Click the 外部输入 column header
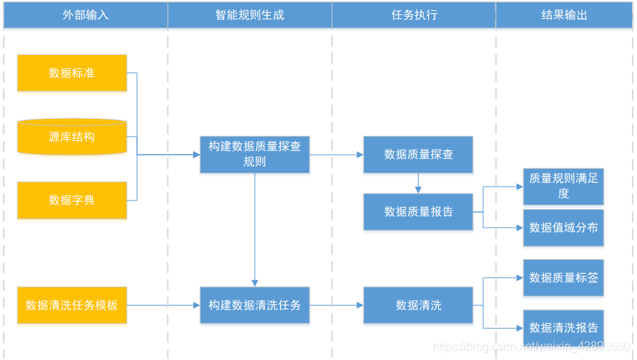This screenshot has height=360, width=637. click(x=86, y=15)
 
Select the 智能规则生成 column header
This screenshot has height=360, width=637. click(x=250, y=15)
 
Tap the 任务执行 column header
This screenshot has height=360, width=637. click(x=414, y=15)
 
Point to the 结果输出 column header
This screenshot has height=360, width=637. click(x=564, y=15)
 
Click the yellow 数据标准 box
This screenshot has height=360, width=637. click(x=72, y=73)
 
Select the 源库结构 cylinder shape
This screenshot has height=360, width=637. click(x=72, y=136)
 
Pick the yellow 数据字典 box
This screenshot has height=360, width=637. click(x=72, y=200)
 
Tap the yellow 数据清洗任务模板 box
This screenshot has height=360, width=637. click(x=72, y=305)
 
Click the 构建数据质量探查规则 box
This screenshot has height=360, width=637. click(x=255, y=154)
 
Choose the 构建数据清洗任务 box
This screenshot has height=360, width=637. click(x=255, y=305)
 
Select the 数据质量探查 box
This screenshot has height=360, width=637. click(x=418, y=154)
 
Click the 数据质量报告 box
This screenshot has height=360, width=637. click(x=418, y=211)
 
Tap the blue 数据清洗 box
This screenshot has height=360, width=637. click(x=418, y=305)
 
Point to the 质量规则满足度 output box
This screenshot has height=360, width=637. click(x=563, y=186)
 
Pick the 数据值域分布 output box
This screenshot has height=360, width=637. click(x=563, y=227)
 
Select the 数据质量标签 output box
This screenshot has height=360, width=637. click(x=563, y=277)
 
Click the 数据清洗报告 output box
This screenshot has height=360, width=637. click(x=563, y=327)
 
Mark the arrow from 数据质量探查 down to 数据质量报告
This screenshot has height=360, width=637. click(x=418, y=183)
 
